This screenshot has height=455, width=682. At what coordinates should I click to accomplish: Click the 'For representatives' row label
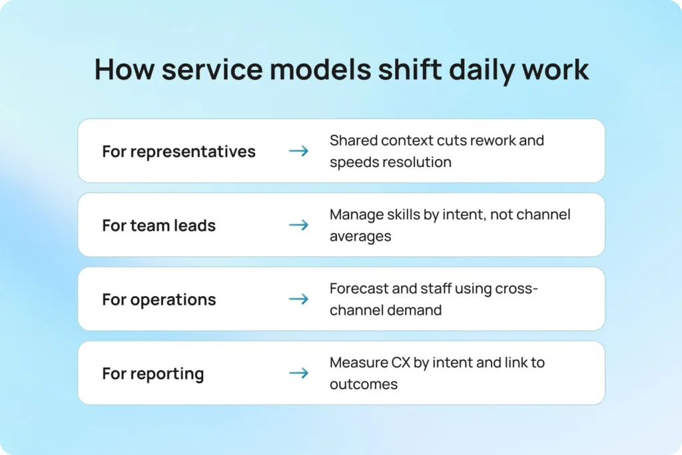tap(178, 152)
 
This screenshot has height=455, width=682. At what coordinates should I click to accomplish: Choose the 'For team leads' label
tap(159, 226)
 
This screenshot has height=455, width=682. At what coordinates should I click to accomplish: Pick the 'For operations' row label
tap(159, 300)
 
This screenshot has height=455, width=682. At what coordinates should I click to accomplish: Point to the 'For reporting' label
tap(153, 374)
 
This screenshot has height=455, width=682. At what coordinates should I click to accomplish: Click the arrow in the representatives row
tap(298, 152)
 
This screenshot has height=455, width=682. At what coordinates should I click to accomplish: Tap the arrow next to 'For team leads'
tap(298, 226)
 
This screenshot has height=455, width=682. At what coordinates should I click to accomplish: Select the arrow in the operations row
tap(298, 299)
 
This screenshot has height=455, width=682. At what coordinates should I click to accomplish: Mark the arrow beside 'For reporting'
tap(298, 373)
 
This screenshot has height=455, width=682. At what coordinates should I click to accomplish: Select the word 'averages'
tap(360, 236)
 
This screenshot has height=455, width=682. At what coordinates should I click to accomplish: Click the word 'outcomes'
tap(363, 384)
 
